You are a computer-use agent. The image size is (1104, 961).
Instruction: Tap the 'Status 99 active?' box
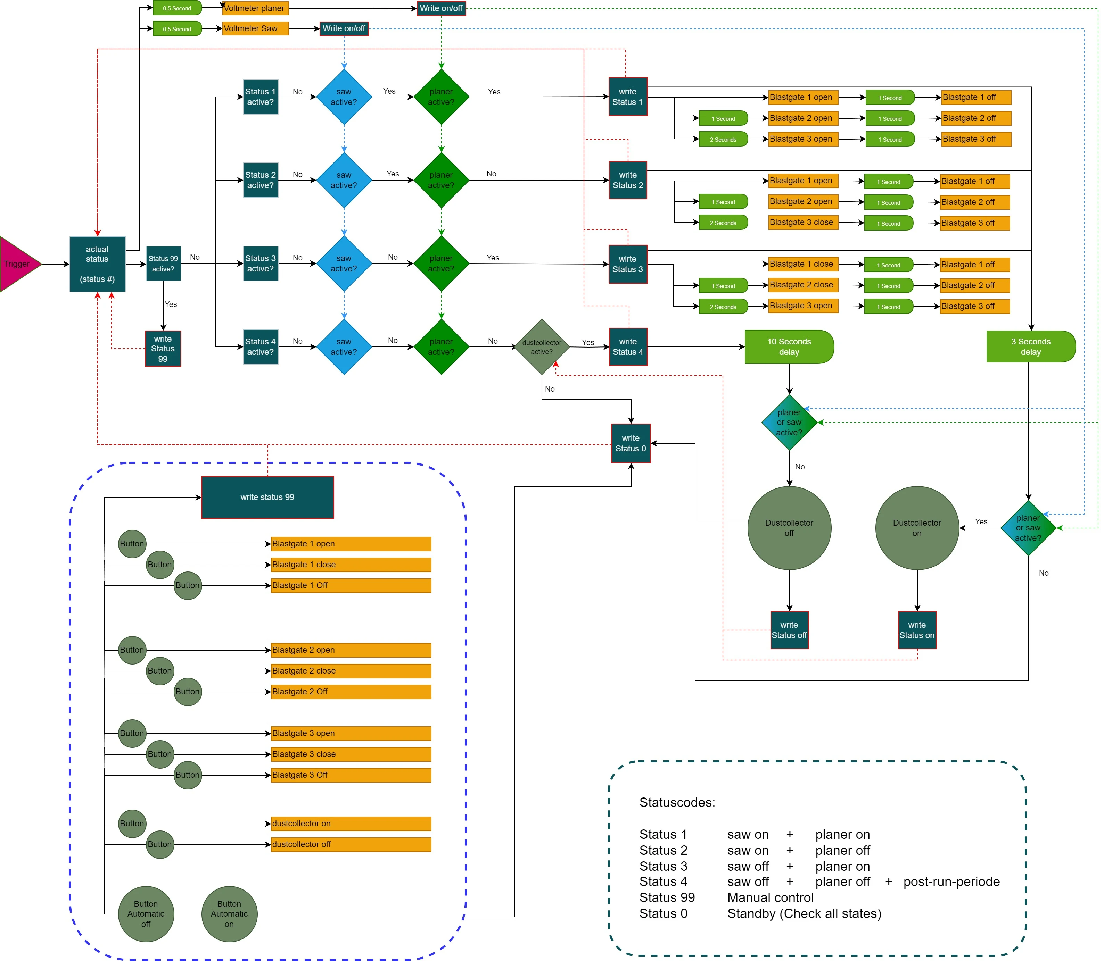click(163, 264)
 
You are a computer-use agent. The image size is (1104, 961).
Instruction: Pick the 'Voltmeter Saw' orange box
click(255, 29)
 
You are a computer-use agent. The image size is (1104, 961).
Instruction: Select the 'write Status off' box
click(789, 630)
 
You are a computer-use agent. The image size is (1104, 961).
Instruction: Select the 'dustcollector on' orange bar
click(351, 824)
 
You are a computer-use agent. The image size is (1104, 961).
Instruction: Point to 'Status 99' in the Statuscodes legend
click(667, 898)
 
